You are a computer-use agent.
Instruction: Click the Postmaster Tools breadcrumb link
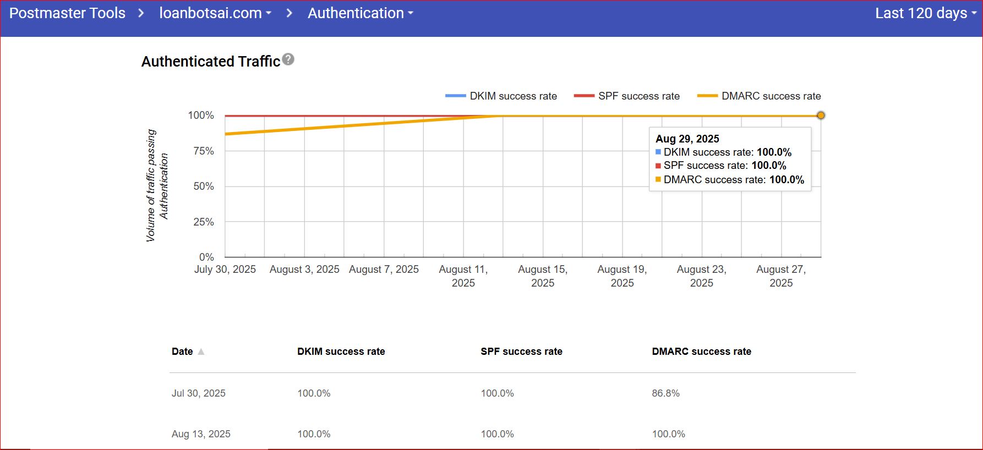[67, 13]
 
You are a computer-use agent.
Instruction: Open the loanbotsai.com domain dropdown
[215, 13]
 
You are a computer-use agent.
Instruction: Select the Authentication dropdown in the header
[360, 13]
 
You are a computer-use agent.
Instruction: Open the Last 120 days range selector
[925, 13]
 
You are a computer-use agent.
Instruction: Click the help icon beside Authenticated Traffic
[288, 59]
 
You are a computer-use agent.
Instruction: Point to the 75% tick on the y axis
[204, 151]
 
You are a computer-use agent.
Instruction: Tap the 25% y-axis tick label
[204, 222]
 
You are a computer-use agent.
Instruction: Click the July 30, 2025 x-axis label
[225, 270]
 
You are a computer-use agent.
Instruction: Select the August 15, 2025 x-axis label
[543, 276]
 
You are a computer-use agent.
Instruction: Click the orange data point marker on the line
[821, 116]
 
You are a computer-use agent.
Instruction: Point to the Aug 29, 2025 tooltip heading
[687, 139]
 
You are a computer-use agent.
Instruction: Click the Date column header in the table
[182, 352]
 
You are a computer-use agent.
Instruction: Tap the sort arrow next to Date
[201, 352]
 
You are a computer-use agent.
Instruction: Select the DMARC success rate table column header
[701, 352]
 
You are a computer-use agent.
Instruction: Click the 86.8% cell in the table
[666, 393]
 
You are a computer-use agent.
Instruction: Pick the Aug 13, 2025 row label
[201, 434]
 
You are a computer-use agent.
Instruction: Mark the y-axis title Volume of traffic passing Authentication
[157, 186]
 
